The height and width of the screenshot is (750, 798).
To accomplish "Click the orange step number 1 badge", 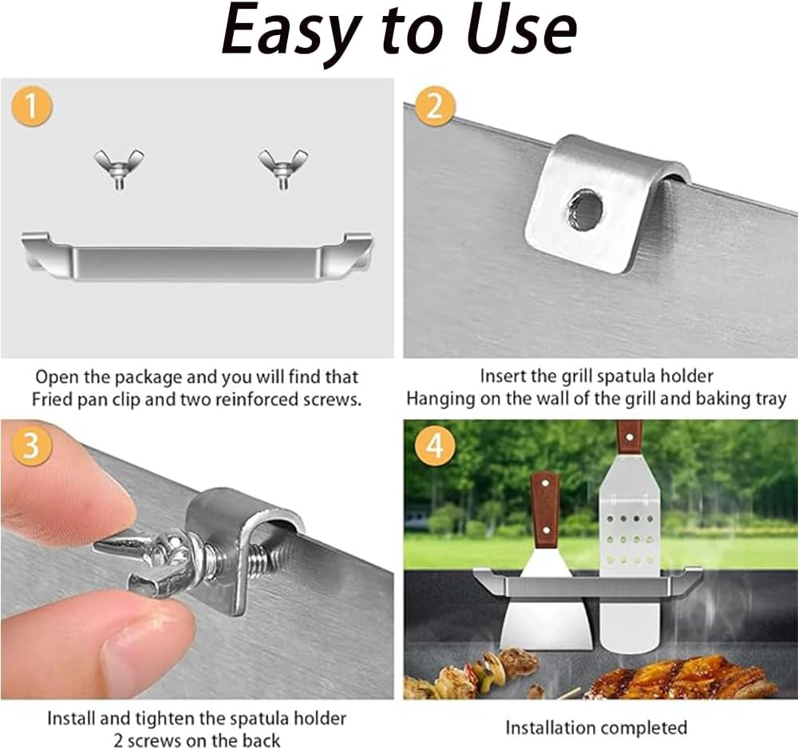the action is click(31, 106).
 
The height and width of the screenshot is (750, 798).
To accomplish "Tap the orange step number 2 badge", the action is click(435, 107).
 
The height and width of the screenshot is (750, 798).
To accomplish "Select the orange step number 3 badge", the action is click(31, 445).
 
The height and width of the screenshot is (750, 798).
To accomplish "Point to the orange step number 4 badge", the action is click(435, 446).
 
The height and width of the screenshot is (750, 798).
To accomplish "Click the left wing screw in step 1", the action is click(119, 168).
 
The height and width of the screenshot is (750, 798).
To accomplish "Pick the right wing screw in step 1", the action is click(283, 168).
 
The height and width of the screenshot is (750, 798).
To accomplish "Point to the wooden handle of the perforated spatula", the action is click(629, 438).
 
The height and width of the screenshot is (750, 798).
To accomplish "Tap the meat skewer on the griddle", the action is click(484, 672).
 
